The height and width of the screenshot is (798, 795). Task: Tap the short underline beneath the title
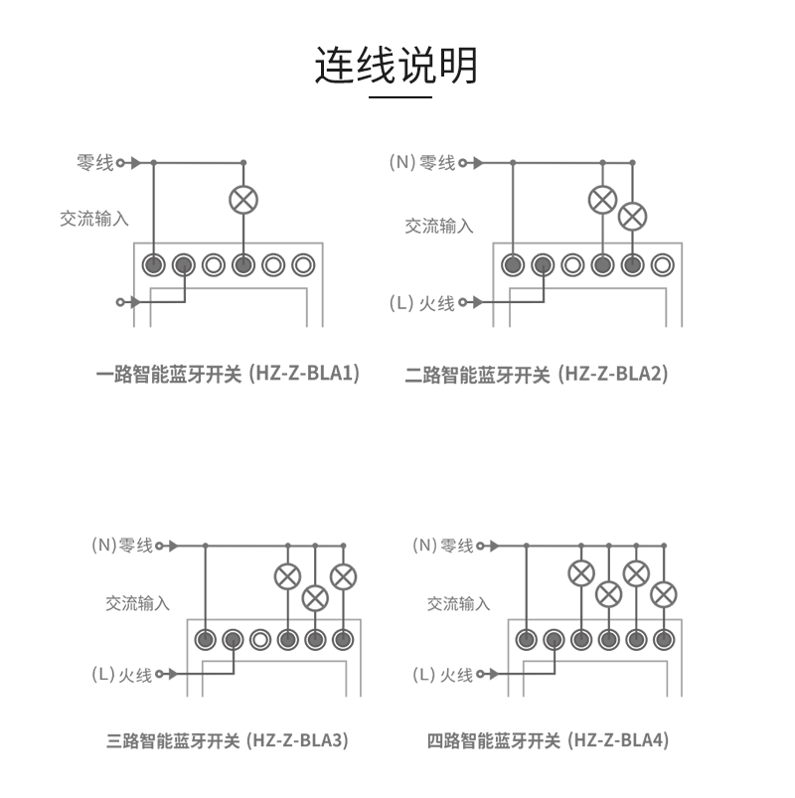[399, 97]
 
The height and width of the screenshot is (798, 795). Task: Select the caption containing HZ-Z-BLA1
[228, 375]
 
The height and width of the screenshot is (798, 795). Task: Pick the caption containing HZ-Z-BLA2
[537, 375]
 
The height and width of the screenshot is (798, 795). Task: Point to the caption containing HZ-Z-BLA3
[228, 740]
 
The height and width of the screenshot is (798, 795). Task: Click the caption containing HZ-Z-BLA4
[548, 740]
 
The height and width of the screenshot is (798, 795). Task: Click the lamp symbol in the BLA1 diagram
[243, 199]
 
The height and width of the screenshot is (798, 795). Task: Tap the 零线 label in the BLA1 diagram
[94, 162]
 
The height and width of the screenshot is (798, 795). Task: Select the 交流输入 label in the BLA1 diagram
[93, 219]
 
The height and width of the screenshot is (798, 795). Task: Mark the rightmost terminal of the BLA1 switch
[303, 265]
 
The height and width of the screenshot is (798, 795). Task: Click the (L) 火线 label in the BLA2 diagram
[421, 302]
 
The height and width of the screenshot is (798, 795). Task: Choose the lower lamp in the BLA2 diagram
[632, 216]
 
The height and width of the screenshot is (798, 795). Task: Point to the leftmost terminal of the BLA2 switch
[513, 265]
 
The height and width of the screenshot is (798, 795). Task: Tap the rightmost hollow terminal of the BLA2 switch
[662, 265]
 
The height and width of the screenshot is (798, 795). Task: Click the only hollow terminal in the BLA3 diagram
[260, 640]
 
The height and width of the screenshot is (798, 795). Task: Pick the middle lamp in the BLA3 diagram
[315, 597]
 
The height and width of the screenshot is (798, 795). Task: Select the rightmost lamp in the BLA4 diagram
[663, 594]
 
